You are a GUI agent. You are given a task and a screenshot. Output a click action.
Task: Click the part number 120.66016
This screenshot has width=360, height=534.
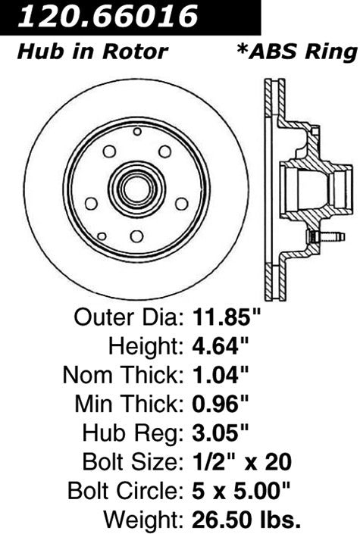point(109,16)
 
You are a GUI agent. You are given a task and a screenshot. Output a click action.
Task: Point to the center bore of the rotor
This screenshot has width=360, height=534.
point(136,189)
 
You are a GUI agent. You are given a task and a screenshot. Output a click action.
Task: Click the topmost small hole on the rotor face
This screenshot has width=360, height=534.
point(136,131)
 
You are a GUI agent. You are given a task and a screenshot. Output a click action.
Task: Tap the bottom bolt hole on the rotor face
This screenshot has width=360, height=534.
point(136,236)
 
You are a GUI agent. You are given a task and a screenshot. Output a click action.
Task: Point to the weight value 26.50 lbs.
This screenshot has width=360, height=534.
point(243,519)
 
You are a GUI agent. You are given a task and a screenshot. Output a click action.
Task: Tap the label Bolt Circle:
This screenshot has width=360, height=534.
point(125,490)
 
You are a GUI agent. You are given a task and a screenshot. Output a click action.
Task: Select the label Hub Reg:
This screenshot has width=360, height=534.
point(131,433)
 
